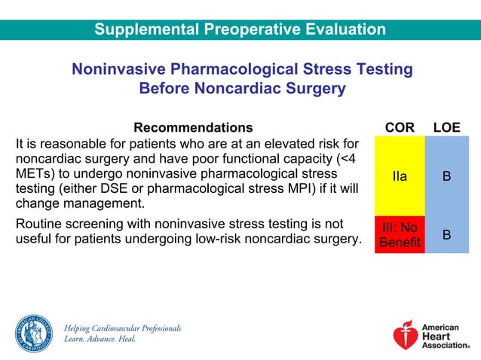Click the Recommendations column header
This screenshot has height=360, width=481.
(193, 127)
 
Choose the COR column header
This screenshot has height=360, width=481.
(400, 127)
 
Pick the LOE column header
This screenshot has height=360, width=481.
(446, 127)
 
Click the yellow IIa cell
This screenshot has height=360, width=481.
(400, 176)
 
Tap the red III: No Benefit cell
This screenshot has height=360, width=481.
(400, 234)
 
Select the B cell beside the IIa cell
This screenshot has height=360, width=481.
(446, 176)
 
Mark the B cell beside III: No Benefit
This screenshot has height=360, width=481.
(446, 234)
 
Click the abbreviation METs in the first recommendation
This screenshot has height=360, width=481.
(35, 173)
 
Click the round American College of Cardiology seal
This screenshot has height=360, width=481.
(34, 333)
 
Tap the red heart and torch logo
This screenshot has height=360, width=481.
(405, 334)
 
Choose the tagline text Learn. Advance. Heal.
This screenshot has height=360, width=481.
(100, 340)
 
